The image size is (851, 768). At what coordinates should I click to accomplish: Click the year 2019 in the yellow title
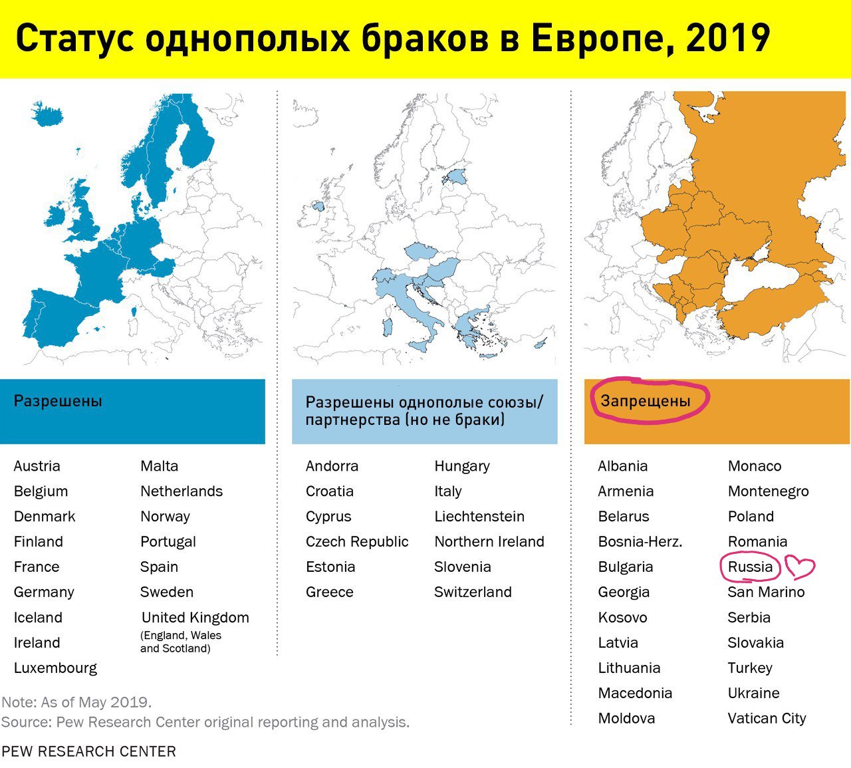pyautogui.click(x=728, y=39)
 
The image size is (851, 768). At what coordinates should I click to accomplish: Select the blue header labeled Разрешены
pyautogui.click(x=132, y=411)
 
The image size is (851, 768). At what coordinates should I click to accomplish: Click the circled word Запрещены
pyautogui.click(x=646, y=401)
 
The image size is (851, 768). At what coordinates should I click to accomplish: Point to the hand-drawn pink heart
pyautogui.click(x=800, y=567)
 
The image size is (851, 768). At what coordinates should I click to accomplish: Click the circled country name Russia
pyautogui.click(x=750, y=567)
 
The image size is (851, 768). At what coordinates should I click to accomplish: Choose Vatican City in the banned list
pyautogui.click(x=767, y=718)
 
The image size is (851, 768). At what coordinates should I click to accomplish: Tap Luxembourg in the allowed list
pyautogui.click(x=55, y=668)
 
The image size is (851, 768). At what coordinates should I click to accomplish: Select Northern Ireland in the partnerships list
pyautogui.click(x=489, y=541)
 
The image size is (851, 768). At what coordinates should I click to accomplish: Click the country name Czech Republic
pyautogui.click(x=357, y=541)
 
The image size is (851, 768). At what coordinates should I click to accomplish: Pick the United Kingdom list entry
pyautogui.click(x=195, y=617)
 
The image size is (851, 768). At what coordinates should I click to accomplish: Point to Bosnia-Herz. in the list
pyautogui.click(x=640, y=541)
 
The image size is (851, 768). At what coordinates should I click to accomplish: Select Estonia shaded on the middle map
pyautogui.click(x=456, y=177)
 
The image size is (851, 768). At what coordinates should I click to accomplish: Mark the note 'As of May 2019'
pyautogui.click(x=76, y=702)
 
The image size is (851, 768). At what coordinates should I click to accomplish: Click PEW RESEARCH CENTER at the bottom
pyautogui.click(x=88, y=751)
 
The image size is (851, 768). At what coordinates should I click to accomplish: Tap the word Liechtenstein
pyautogui.click(x=479, y=516)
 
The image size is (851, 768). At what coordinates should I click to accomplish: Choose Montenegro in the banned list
pyautogui.click(x=768, y=491)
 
